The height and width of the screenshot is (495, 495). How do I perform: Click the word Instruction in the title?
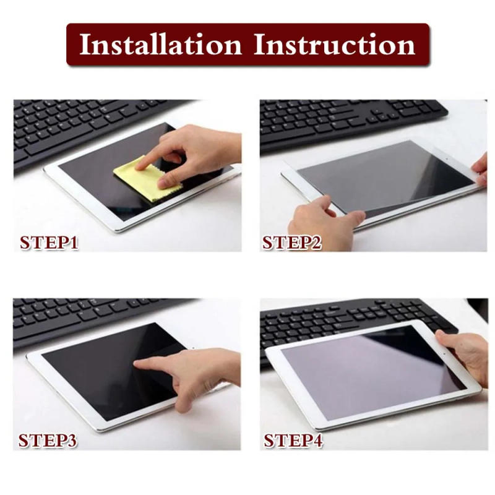(334, 45)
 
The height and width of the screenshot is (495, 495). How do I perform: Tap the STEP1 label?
(49, 242)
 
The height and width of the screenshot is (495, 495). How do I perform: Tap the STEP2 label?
(292, 242)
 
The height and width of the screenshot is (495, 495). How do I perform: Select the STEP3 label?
(48, 441)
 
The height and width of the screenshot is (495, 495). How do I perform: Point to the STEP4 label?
(293, 441)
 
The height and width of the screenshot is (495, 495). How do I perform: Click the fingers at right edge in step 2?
(480, 170)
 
